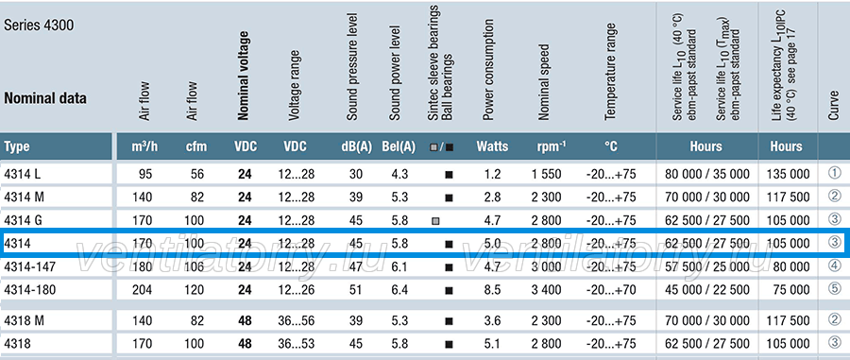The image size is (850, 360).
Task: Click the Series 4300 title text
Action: point(39,26)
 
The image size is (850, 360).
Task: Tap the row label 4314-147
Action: point(29,266)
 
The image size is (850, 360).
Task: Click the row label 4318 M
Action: point(25,321)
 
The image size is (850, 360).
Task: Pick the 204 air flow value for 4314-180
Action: point(143,290)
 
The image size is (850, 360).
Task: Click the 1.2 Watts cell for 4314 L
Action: point(492,175)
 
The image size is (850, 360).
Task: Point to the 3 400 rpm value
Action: point(547,290)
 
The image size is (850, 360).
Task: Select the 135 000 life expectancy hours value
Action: point(789,175)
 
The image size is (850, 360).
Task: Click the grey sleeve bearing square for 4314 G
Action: point(435,221)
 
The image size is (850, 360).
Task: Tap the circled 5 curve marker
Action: point(835,289)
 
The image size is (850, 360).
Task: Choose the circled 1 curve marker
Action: point(835,174)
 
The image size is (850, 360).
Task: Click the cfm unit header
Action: point(194,146)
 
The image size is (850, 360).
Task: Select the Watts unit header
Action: point(492,146)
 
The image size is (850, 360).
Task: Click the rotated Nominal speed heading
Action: point(544,82)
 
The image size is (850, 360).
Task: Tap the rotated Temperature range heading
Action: point(610,72)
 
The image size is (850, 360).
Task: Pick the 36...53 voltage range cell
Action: point(295,344)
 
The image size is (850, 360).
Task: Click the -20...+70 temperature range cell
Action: point(611,290)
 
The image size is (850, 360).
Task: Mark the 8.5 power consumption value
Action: point(492,290)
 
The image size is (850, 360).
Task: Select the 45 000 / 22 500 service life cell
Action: point(706,290)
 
